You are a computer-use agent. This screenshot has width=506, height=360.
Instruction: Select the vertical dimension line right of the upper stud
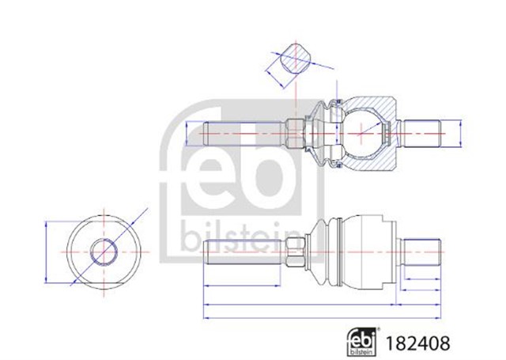[462, 131]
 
